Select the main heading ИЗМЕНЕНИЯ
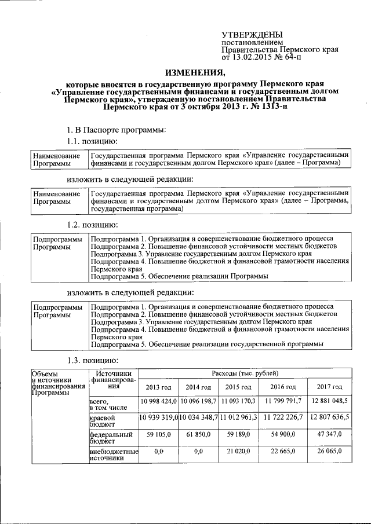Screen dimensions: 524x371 click(x=195, y=72)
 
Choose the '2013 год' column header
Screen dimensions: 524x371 click(x=158, y=387)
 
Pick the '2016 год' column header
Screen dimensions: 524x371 click(x=283, y=387)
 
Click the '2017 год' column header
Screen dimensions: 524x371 click(x=329, y=387)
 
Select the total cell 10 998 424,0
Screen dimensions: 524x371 click(x=158, y=401)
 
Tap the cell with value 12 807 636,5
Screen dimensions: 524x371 click(x=329, y=417)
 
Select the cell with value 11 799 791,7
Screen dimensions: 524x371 click(x=283, y=401)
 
